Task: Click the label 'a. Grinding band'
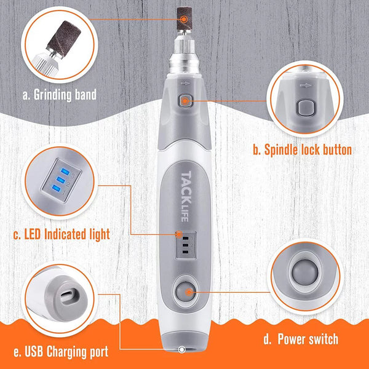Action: coord(60,95)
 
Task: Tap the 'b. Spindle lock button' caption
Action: coord(303,149)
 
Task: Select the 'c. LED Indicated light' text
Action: coord(61,234)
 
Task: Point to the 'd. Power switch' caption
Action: coord(301,339)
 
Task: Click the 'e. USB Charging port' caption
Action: coord(61,352)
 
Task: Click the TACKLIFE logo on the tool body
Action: coord(186,196)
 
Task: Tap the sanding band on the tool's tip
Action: coord(184,18)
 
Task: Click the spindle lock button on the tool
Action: coord(185,101)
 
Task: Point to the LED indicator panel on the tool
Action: coord(186,245)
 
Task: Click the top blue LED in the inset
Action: coord(65,172)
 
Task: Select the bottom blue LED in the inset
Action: coord(56,188)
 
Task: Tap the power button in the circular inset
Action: coord(305,272)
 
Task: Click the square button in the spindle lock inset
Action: coord(306,108)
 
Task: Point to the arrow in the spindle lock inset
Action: coord(306,85)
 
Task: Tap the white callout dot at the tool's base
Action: coord(181,349)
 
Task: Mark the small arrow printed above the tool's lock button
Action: coord(185,83)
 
